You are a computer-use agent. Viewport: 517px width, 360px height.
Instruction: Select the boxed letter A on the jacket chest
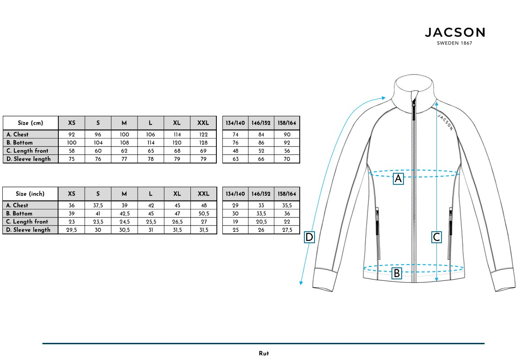coord(398,178)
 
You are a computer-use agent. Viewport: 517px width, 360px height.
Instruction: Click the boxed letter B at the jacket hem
coord(397,273)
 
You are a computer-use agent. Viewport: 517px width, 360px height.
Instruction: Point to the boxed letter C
coord(436,237)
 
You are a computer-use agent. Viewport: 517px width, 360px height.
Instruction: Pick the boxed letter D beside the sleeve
coord(309,237)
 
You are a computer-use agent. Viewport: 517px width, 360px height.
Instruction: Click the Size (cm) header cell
coord(31,123)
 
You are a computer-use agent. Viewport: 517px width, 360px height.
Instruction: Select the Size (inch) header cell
coord(31,194)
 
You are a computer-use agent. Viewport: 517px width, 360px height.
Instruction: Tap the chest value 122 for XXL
coord(203,134)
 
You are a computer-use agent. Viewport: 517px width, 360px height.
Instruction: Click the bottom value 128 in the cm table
coord(203,143)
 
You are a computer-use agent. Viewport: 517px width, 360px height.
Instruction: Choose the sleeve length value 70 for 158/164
coord(287,159)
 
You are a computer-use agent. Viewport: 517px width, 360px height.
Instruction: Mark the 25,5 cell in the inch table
coord(151,221)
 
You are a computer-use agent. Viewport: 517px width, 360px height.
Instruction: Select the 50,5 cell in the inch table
coord(203,214)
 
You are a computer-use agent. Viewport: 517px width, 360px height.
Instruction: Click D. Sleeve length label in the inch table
coord(29,230)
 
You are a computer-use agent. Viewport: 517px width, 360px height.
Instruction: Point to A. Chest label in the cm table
coord(18,134)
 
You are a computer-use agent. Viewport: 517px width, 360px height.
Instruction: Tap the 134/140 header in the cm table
coord(235,123)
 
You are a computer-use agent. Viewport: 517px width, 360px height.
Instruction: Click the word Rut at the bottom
coord(264,354)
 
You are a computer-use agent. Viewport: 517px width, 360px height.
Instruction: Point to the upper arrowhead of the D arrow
coord(384,97)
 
